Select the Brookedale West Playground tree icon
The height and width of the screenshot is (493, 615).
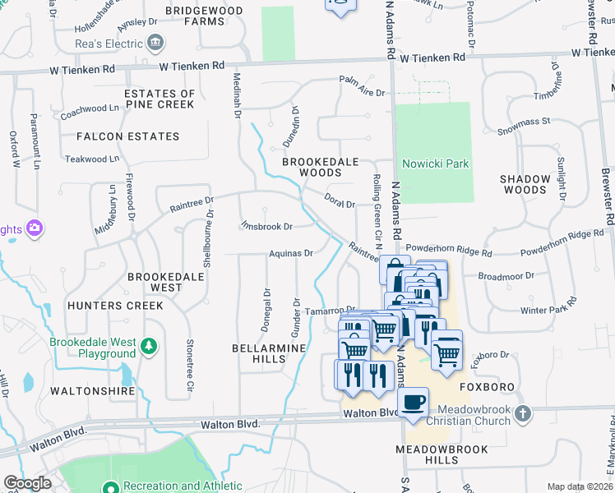148,346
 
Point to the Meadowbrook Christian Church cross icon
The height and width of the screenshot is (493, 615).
524,414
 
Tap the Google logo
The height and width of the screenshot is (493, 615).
27,483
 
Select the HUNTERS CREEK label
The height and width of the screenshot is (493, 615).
127,306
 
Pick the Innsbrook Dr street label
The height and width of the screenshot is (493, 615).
266,226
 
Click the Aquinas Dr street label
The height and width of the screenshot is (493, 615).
291,254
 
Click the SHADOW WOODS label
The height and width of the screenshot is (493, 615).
525,184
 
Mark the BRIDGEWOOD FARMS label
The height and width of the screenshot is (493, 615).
204,16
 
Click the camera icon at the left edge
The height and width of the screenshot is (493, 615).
35,228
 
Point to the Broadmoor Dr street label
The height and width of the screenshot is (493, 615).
511,278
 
